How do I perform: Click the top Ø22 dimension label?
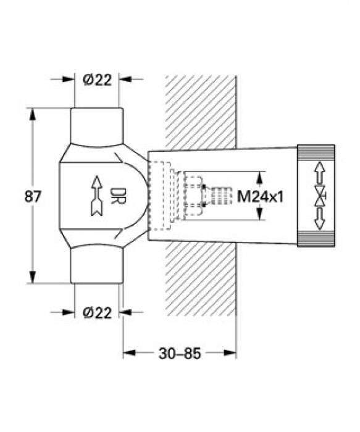coord(98,80)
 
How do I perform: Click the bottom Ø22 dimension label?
coord(98,313)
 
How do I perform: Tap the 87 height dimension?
coord(33,196)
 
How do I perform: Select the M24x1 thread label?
coord(260,197)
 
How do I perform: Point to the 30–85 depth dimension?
coord(180,354)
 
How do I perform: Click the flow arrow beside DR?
coord(96,196)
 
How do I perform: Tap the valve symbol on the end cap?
coord(320,196)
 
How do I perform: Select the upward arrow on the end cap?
coord(319,173)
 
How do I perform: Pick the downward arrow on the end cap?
coord(319,218)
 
